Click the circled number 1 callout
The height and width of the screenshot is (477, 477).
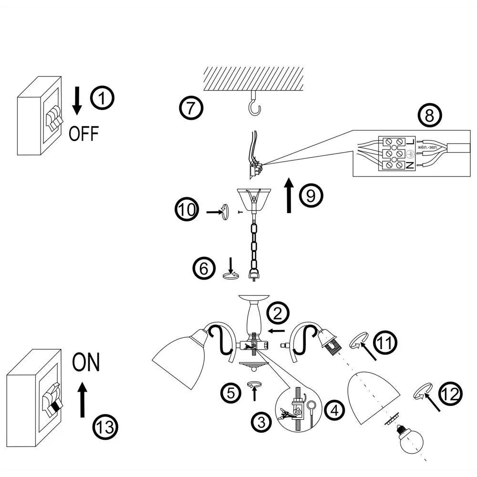click(x=103, y=98)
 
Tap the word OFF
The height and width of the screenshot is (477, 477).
click(x=84, y=134)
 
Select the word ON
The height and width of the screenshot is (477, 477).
click(x=86, y=363)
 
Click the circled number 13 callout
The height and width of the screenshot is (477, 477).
click(x=104, y=425)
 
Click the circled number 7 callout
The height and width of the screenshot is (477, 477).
click(x=191, y=108)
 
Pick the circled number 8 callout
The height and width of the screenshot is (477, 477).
click(x=430, y=116)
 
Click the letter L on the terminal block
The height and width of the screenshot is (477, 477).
click(x=411, y=142)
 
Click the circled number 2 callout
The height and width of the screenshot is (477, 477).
click(x=278, y=313)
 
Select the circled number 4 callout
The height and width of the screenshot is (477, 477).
click(x=335, y=410)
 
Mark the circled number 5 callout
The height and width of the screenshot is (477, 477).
click(x=231, y=393)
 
